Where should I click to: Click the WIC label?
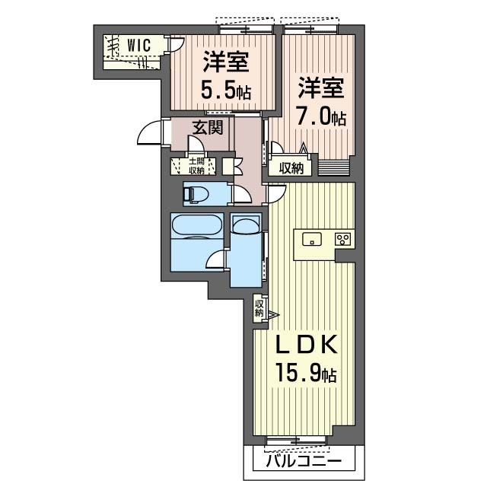138,46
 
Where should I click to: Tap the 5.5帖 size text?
226,89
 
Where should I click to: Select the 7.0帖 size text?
321,116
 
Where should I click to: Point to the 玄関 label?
208,127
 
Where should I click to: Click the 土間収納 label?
196,166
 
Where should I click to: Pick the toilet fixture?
196,195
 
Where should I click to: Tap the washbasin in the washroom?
246,224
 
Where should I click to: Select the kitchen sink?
312,239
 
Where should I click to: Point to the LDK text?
306,345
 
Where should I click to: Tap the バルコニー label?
304,462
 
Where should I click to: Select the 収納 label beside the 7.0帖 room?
291,168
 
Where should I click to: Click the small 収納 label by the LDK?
259,308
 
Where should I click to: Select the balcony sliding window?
296,440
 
